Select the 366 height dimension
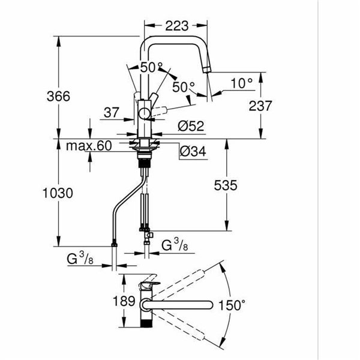[58, 96]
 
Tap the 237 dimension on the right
[260, 106]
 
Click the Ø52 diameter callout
[190, 126]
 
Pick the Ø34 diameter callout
[192, 152]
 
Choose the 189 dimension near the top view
[125, 301]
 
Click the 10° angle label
[241, 82]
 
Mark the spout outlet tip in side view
[208, 71]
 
